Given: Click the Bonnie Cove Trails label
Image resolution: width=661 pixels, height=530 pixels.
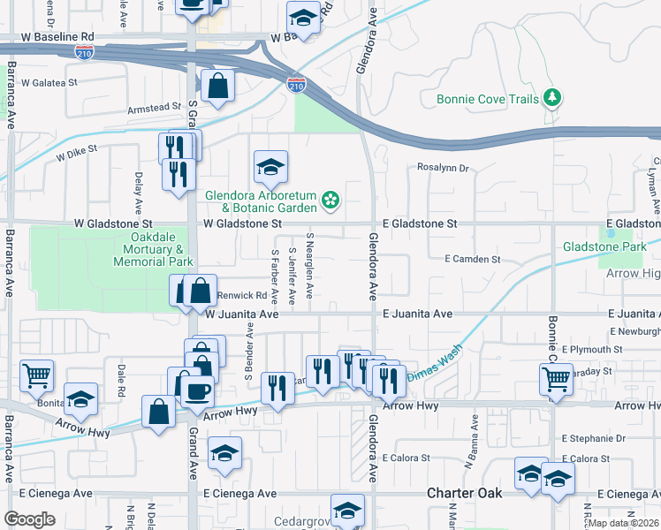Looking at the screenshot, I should point(487,99).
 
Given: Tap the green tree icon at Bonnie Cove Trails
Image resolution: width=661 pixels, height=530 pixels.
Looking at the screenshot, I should point(553,96).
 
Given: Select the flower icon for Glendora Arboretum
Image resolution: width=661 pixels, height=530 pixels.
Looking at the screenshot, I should point(330,201).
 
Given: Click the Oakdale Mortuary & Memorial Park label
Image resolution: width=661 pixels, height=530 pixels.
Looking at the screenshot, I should point(149,250).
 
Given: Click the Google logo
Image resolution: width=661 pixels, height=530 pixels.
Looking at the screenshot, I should point(29,519).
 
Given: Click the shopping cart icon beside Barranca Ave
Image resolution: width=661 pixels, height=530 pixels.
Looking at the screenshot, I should point(36,375).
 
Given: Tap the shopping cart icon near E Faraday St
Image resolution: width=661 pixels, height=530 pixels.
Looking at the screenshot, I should point(556,378).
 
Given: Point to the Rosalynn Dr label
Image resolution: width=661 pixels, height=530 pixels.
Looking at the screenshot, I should point(442,168).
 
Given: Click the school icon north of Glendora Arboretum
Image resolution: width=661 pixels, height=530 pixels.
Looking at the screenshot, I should point(270,165).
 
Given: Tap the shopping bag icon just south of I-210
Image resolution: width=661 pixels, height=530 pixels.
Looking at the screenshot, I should point(217,87).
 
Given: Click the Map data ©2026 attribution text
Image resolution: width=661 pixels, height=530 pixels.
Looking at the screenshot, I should point(624,523).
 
